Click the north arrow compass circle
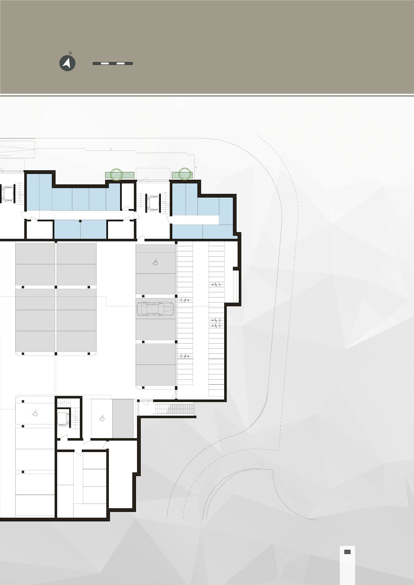[67, 63]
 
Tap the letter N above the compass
[70, 53]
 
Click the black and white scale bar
[113, 63]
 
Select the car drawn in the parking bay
[156, 309]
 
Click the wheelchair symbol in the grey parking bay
[156, 262]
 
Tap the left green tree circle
[116, 174]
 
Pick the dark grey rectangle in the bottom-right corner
[347, 552]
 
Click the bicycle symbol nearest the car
[185, 300]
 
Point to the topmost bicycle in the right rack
[216, 285]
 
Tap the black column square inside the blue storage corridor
[80, 221]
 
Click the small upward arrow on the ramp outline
[111, 149]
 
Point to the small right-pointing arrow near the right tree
[195, 167]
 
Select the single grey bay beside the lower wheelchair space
[123, 419]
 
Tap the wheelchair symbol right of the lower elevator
[102, 418]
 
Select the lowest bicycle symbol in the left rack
[185, 356]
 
